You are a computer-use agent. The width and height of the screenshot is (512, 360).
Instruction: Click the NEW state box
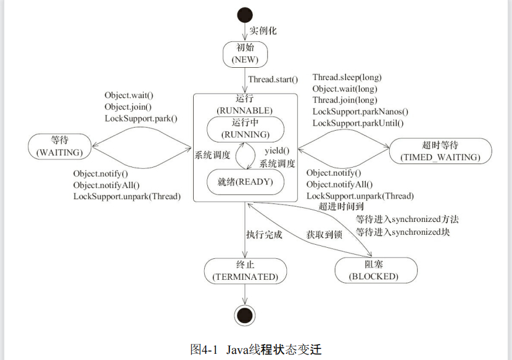pyautogui.click(x=245, y=54)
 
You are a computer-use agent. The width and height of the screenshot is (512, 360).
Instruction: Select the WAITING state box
pyautogui.click(x=59, y=147)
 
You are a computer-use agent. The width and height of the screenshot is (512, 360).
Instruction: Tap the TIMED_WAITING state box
pyautogui.click(x=440, y=151)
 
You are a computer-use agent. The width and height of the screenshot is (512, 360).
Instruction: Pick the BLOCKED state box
pyautogui.click(x=376, y=270)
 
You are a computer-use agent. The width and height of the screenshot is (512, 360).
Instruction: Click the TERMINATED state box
pyautogui.click(x=246, y=271)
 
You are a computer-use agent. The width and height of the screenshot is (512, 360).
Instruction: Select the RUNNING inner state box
pyautogui.click(x=246, y=129)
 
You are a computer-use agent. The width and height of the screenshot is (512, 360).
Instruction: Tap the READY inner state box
pyautogui.click(x=246, y=182)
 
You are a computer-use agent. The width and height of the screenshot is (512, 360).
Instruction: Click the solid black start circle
pyautogui.click(x=245, y=15)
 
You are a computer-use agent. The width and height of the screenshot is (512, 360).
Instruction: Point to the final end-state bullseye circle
pyautogui.click(x=245, y=316)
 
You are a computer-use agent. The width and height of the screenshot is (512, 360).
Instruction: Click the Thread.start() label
pyautogui.click(x=273, y=80)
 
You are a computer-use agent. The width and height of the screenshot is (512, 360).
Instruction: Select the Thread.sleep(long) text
pyautogui.click(x=347, y=77)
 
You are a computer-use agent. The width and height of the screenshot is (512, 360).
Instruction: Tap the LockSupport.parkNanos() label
pyautogui.click(x=360, y=112)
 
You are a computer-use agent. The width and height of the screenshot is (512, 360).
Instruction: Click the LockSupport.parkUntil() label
pyautogui.click(x=358, y=123)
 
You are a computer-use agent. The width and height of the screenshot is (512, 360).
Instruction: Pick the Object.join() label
pyautogui.click(x=128, y=107)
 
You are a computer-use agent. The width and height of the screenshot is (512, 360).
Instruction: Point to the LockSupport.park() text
pyautogui.click(x=141, y=118)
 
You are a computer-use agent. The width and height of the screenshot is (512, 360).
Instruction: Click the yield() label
pyautogui.click(x=277, y=150)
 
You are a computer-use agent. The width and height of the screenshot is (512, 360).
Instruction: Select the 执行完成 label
pyautogui.click(x=264, y=235)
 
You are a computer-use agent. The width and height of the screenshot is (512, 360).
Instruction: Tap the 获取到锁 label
pyautogui.click(x=324, y=235)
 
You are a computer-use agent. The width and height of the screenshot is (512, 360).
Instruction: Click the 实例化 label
pyautogui.click(x=263, y=31)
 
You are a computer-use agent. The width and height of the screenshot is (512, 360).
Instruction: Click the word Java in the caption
pyautogui.click(x=237, y=350)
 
